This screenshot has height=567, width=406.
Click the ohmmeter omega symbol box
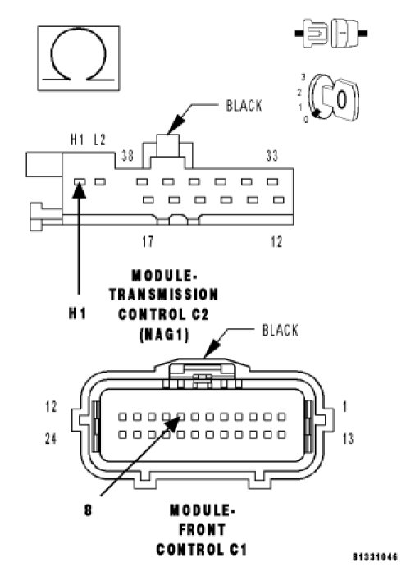pyautogui.click(x=79, y=58)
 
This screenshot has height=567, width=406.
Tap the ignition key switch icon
pyautogui.click(x=333, y=98)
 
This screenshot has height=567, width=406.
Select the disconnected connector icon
pyautogui.click(x=331, y=34)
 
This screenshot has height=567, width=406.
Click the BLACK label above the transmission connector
pyautogui.click(x=244, y=106)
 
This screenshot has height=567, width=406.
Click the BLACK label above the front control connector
pyautogui.click(x=281, y=331)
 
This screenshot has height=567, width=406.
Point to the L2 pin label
pyautogui.click(x=99, y=139)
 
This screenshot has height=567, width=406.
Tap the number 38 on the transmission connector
pyautogui.click(x=127, y=155)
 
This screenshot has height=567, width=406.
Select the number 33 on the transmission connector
pyautogui.click(x=271, y=155)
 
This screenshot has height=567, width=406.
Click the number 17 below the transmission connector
pyautogui.click(x=148, y=241)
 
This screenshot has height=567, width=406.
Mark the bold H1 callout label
pyautogui.click(x=78, y=313)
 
